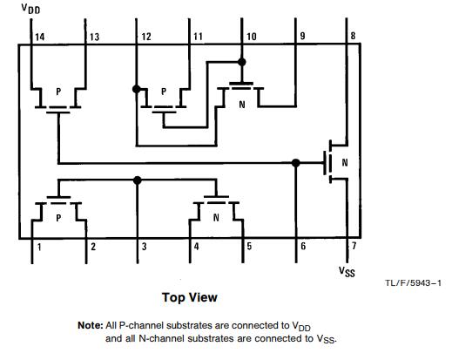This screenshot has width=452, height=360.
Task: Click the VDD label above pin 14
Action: coord(30,9)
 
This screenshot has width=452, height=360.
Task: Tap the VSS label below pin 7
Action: coord(347,272)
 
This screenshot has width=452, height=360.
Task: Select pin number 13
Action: coord(94,37)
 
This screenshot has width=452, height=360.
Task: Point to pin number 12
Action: coord(146,37)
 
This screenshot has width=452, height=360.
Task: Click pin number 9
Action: coord(302,36)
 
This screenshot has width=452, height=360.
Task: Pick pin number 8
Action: coord(353,36)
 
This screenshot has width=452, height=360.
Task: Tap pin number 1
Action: coord(39,248)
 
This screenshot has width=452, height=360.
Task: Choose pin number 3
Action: coord(144,247)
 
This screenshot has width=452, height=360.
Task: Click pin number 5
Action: coord(249,247)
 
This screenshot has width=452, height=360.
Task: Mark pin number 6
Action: coord(303,247)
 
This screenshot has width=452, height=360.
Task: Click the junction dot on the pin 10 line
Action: coord(241,62)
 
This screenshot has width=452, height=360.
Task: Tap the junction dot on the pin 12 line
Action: coord(137,89)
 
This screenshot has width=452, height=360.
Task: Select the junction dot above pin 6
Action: coord(295,163)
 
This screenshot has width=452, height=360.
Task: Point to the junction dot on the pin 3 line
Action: coord(138,180)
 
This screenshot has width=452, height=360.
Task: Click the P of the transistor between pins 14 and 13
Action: coord(58,92)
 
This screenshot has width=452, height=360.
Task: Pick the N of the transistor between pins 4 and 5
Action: coord(216,217)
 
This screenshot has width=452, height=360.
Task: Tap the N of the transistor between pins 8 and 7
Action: coord(345,162)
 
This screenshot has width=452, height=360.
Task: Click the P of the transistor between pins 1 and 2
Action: coord(58,218)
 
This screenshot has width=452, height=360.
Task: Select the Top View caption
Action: coord(190,297)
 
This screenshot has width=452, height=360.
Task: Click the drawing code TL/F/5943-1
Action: coord(413,283)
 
